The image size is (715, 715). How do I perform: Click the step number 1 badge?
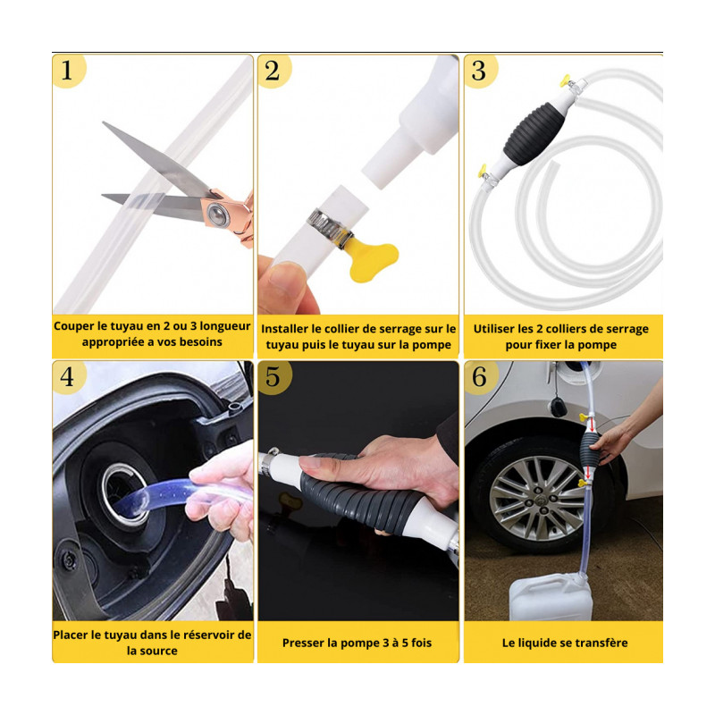click(x=69, y=71)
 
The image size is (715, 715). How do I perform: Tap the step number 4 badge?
click(x=69, y=377)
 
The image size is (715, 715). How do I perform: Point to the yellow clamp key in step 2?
click(x=372, y=260)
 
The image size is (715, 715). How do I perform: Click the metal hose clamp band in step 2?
click(x=330, y=228)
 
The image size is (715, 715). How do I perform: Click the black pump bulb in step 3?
click(x=534, y=132)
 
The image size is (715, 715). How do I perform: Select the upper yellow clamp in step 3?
click(x=566, y=81)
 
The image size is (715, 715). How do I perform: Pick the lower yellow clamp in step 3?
click(x=483, y=171)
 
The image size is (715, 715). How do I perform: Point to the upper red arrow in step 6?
click(x=592, y=425)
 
